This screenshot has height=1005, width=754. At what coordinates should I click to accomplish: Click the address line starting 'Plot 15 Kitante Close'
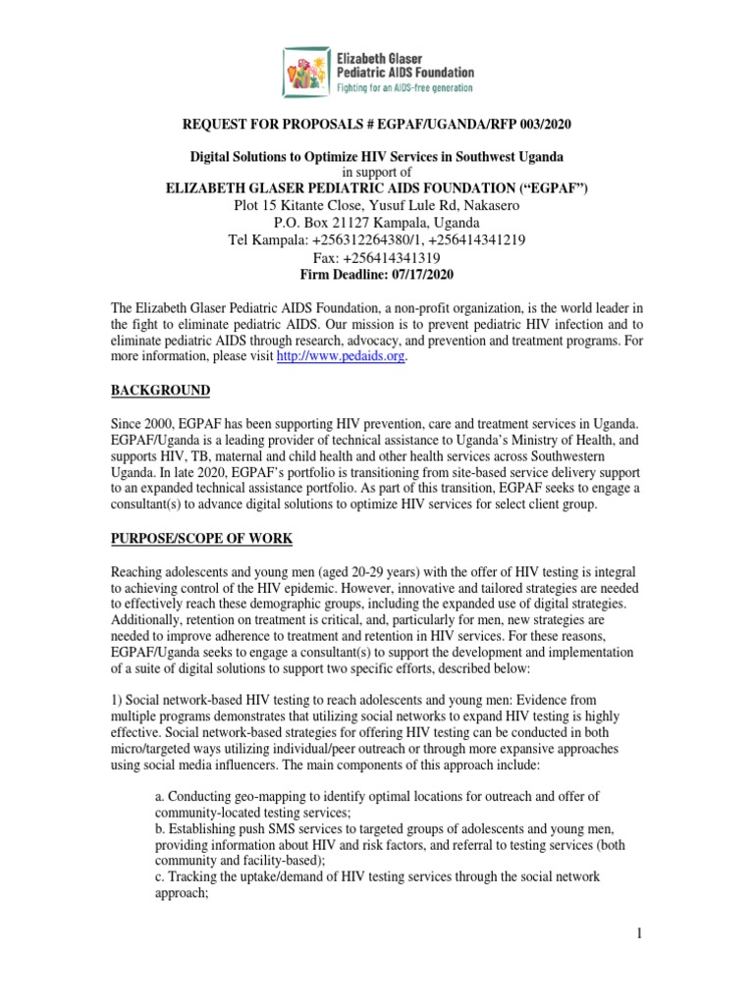click(x=376, y=205)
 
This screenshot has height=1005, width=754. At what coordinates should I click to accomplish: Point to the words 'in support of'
click(x=376, y=173)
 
